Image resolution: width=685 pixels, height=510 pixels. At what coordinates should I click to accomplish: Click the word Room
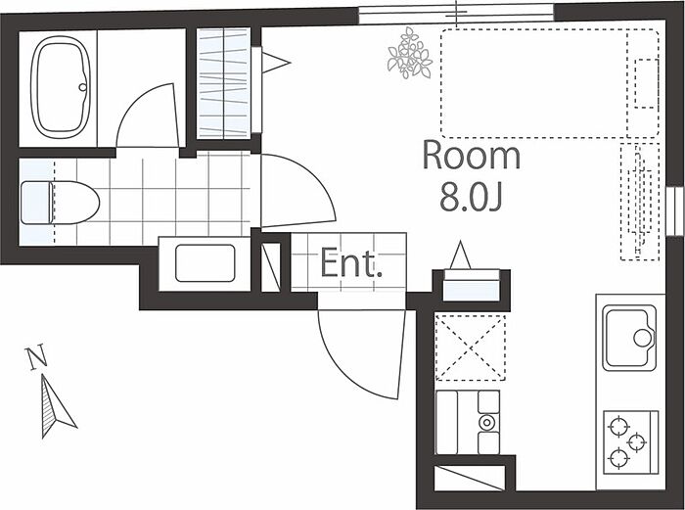pyautogui.click(x=471, y=156)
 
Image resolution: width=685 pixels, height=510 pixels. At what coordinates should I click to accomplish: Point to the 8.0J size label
pyautogui.click(x=471, y=199)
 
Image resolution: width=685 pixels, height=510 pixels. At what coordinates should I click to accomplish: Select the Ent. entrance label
pyautogui.click(x=350, y=263)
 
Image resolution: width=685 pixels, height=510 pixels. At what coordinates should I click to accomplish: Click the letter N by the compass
pyautogui.click(x=36, y=358)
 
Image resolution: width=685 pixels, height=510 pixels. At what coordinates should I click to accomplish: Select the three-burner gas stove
pyautogui.click(x=629, y=440)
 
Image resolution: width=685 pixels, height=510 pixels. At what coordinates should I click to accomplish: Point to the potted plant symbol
pyautogui.click(x=409, y=53)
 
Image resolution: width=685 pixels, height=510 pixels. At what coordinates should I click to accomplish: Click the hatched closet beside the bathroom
pyautogui.click(x=224, y=83)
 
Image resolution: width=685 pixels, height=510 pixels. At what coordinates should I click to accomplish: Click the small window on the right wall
pyautogui.click(x=675, y=210)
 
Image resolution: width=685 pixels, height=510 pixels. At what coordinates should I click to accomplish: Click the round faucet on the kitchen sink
pyautogui.click(x=643, y=338)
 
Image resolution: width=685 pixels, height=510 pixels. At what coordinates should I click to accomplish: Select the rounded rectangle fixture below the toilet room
pyautogui.click(x=205, y=263)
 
